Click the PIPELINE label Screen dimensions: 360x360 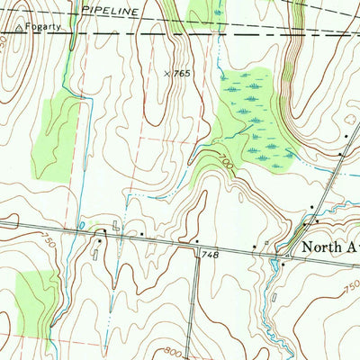click(x=108, y=12)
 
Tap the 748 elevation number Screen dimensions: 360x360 click(x=211, y=255)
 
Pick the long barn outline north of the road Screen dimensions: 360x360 click(x=115, y=226)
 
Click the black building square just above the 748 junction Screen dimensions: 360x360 click(x=196, y=241)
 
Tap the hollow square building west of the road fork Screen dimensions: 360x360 click(x=265, y=246)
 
